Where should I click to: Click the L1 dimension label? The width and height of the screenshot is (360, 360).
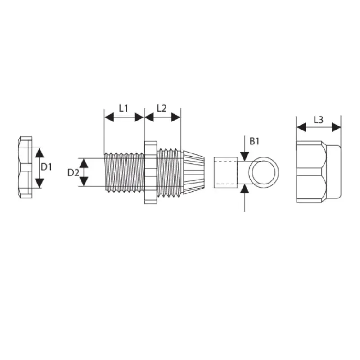(x=123, y=108)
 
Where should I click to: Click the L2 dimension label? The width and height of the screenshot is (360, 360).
(x=162, y=108)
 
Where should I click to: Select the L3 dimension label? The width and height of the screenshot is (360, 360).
(x=319, y=120)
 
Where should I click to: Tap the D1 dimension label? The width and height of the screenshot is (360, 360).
(x=46, y=167)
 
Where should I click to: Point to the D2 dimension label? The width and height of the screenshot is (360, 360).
(x=73, y=173)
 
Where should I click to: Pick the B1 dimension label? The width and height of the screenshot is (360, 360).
(x=254, y=141)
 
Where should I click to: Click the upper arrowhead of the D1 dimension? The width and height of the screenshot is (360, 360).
(x=40, y=153)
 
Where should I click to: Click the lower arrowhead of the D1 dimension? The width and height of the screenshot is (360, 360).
(x=40, y=183)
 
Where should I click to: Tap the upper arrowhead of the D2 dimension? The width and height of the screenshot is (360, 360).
(x=84, y=163)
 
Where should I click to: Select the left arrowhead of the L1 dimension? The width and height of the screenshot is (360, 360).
(x=109, y=117)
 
